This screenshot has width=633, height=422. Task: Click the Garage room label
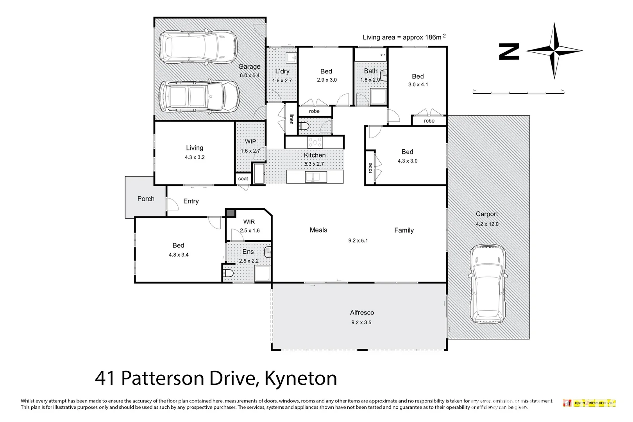point(249,67)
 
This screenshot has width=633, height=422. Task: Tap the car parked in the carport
point(487,284)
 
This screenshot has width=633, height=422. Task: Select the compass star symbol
point(554,51)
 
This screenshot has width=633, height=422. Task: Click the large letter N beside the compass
point(509,52)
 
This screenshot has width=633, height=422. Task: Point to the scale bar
point(518,93)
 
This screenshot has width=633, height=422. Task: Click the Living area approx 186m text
point(404,37)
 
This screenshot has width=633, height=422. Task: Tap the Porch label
point(146,198)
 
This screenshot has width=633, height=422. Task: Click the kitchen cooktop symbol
point(315,142)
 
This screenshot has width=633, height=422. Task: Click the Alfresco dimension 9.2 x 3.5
point(361,322)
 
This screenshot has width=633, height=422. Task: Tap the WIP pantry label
point(250,141)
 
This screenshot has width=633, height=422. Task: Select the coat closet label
point(243,179)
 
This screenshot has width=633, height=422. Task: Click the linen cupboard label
point(291,119)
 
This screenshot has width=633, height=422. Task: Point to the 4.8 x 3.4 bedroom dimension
point(179,255)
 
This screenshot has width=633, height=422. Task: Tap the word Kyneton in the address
point(300,378)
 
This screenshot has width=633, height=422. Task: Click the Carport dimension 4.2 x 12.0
point(487,224)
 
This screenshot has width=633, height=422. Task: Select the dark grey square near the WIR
point(231,213)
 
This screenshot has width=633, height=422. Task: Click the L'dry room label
point(282,71)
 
